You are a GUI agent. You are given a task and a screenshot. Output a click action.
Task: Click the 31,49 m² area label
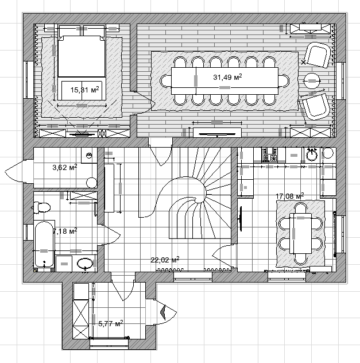(227, 77)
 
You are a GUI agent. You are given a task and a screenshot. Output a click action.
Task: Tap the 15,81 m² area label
(84, 90)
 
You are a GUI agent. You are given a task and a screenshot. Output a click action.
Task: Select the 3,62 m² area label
(65, 167)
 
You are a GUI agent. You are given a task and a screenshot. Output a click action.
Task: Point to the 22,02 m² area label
(165, 260)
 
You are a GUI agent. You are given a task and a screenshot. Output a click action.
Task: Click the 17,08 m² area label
(290, 196)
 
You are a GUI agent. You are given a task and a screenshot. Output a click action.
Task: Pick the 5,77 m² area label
(111, 323)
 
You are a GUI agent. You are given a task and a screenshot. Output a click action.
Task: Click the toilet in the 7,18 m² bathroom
(42, 207)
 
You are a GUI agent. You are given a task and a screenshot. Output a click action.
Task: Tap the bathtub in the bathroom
(44, 245)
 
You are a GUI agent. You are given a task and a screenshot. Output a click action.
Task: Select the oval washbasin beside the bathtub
(84, 264)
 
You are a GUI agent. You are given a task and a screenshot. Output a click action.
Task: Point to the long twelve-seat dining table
(224, 80)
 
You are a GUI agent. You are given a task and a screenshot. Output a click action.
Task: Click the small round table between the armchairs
(312, 81)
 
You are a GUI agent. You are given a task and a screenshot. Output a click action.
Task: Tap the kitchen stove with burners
(269, 156)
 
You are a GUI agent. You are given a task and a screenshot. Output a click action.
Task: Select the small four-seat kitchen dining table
(300, 233)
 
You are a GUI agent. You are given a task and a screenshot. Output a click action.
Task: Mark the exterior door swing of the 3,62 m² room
(14, 171)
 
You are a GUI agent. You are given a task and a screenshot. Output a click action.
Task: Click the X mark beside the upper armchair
(303, 62)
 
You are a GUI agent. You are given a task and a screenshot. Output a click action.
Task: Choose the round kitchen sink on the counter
(312, 155)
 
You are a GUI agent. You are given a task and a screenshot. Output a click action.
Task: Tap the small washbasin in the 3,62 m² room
(89, 155)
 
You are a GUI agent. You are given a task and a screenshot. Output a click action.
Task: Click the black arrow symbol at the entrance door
(164, 312)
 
